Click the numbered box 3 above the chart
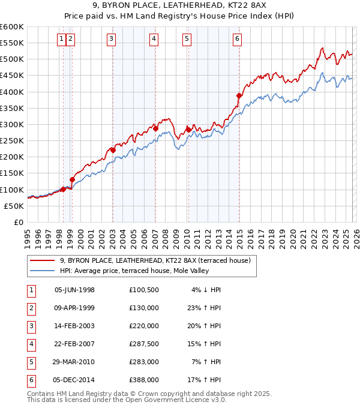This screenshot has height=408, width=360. pyautogui.click(x=112, y=39)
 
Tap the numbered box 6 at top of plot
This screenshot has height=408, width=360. pyautogui.click(x=238, y=39)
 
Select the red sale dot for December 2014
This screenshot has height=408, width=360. pyautogui.click(x=239, y=95)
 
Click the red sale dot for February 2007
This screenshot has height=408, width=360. pyautogui.click(x=155, y=128)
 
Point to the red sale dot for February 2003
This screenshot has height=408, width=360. pyautogui.click(x=113, y=150)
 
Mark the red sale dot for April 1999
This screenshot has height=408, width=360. pyautogui.click(x=72, y=179)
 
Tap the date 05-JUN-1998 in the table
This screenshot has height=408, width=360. pyautogui.click(x=74, y=290)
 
